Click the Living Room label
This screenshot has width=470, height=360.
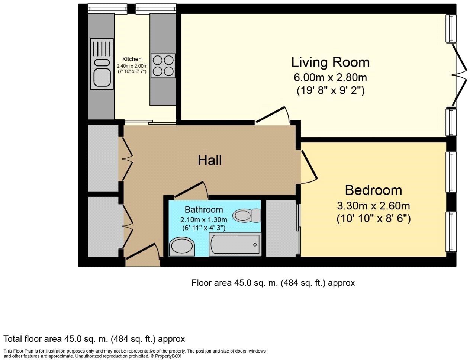coord(330,62)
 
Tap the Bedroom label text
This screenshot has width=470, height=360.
coord(373,190)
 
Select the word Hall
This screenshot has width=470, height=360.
coord(210,161)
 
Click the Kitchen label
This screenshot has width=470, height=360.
coord(132,59)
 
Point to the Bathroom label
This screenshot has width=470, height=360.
coord(204,210)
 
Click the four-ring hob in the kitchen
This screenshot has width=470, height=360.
coord(163,65)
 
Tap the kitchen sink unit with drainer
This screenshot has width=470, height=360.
coord(102,64)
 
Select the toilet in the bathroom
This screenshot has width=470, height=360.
coord(247,215)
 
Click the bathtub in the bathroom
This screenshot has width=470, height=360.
coord(235,244)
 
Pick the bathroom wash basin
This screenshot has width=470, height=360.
coord(182,247)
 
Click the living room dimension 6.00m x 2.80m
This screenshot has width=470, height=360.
coord(330,78)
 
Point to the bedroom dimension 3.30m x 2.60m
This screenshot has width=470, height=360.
coord(373,206)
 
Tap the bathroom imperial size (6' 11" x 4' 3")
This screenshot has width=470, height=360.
coord(204,228)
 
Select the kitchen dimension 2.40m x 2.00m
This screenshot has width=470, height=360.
coord(132,66)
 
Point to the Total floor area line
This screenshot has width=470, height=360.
coord(94,339)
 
